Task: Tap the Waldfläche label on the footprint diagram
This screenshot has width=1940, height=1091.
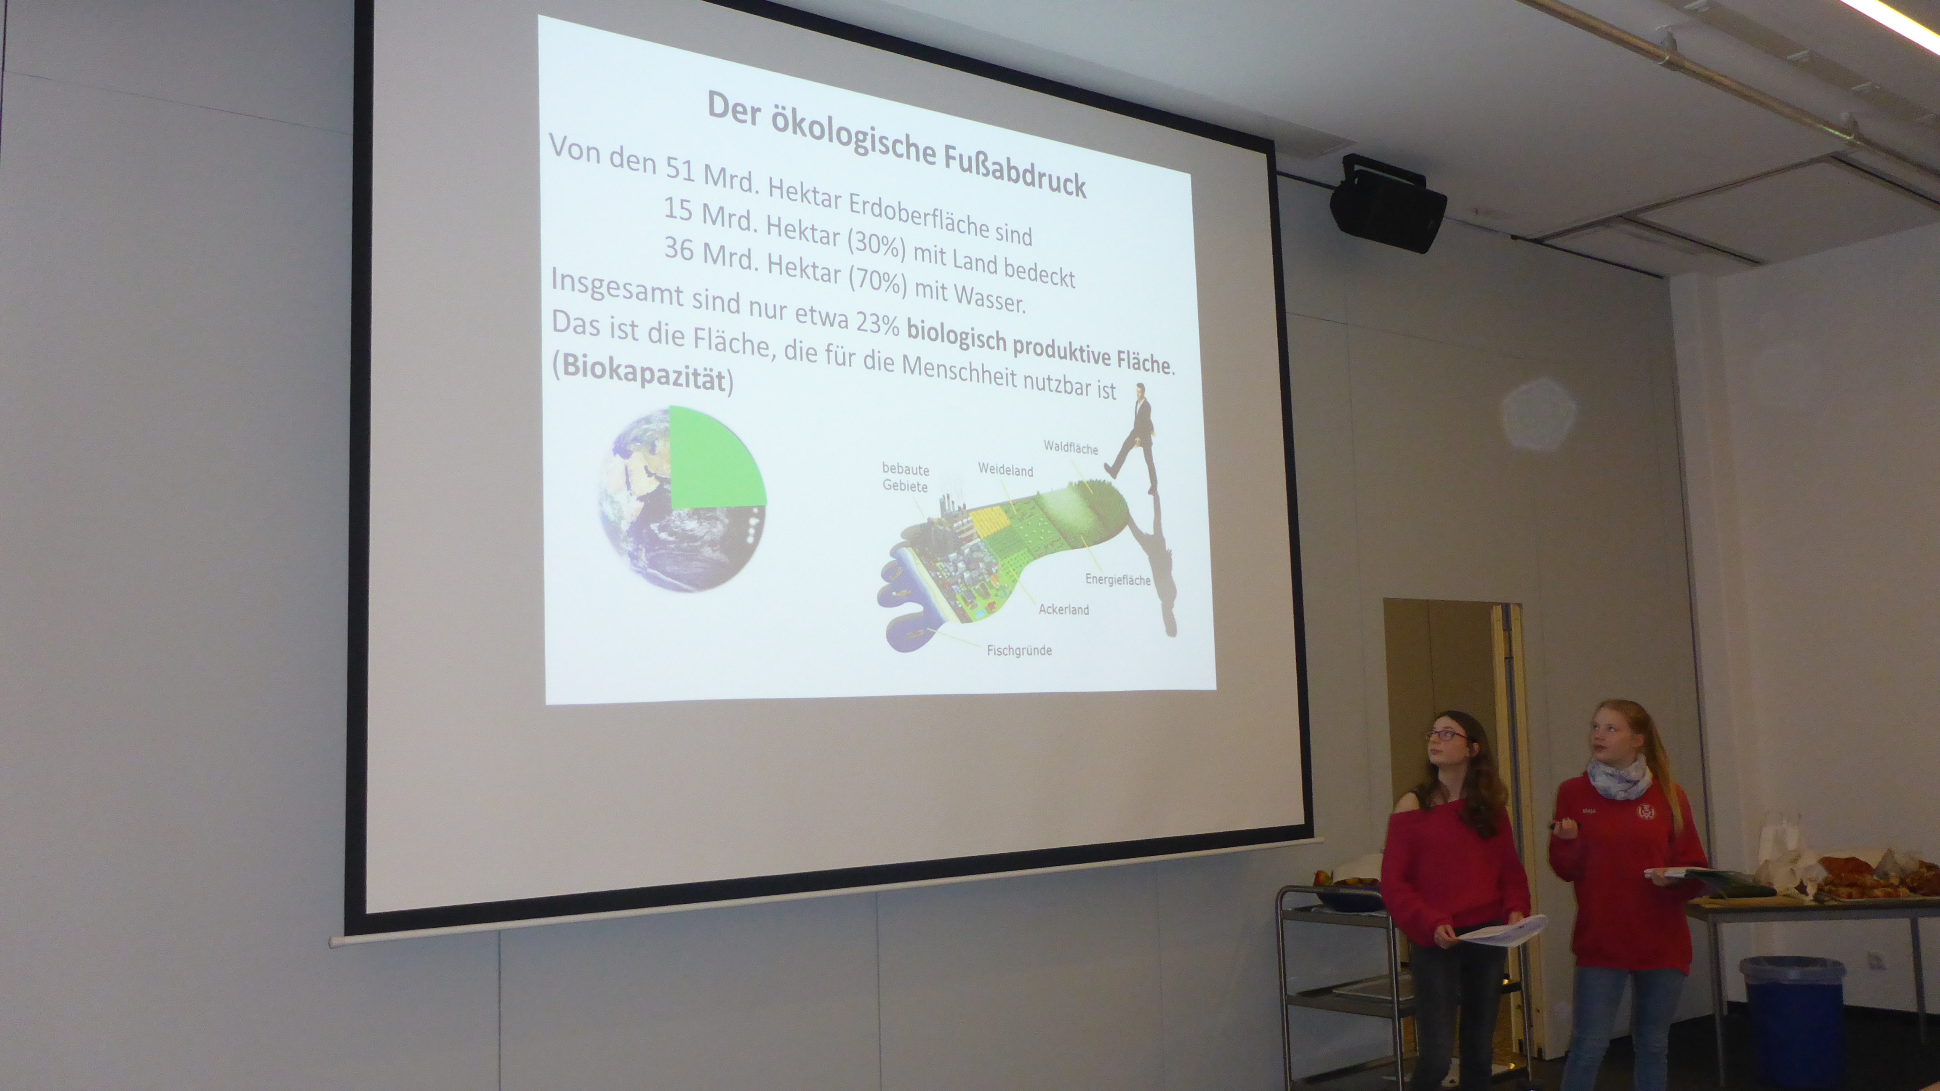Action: (x=1070, y=448)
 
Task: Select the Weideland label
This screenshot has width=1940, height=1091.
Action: (x=1005, y=470)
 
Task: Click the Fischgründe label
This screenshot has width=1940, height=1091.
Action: (x=1019, y=650)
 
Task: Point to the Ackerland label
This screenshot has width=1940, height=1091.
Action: (x=1063, y=609)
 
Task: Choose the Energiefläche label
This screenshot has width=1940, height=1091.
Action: (x=1118, y=580)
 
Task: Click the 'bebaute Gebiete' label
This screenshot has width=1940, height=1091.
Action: (x=905, y=477)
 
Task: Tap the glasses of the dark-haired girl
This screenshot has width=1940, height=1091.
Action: (x=1446, y=735)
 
